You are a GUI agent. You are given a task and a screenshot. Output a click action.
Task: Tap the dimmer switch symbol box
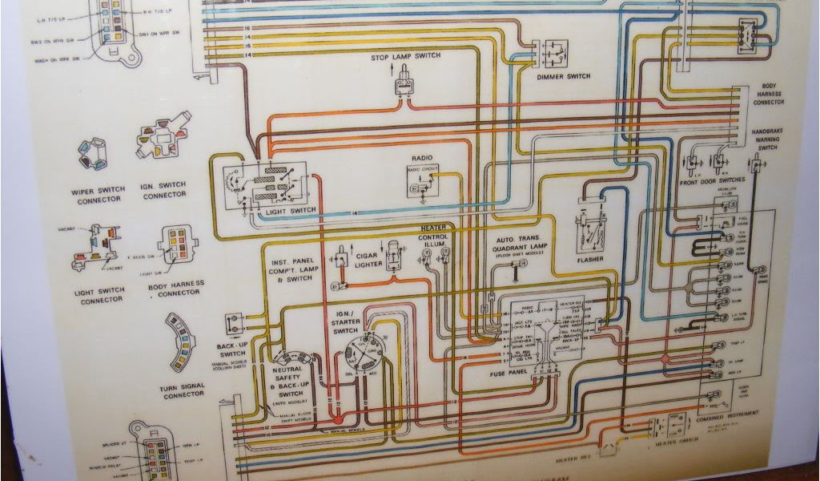[x=554, y=55]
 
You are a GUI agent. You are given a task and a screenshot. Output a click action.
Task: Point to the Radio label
[x=421, y=159]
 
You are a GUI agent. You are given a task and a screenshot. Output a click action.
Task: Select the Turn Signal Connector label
[x=183, y=390]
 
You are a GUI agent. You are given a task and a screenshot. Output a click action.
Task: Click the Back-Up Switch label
[x=232, y=349]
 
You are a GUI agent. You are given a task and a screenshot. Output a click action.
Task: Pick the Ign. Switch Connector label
[x=163, y=190]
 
